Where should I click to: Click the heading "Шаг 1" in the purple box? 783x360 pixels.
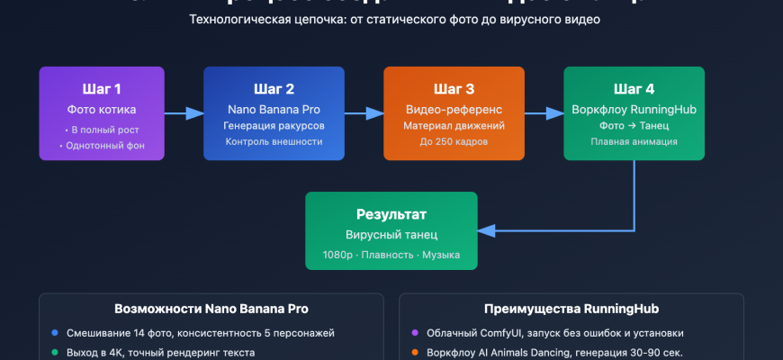coord(102,89)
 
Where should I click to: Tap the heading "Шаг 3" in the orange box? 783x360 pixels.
coord(454,89)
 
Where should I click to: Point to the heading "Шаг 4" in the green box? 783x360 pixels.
coord(634,89)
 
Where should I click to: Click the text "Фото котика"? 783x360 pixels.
coord(102,110)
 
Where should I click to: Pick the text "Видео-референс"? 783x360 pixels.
coord(454,110)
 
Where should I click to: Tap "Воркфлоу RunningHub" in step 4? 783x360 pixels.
coord(634,110)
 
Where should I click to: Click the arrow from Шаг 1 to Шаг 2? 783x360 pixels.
coord(184,113)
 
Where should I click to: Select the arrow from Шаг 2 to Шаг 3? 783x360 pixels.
coord(364,113)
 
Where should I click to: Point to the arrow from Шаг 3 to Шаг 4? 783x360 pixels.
coord(544,113)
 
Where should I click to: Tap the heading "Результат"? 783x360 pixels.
coord(391,215)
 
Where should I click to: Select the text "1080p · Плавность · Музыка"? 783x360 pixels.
coord(391,256)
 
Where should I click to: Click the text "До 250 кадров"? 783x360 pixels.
coord(454,141)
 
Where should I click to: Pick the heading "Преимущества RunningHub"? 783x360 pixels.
coord(571,309)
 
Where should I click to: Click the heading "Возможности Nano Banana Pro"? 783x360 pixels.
coord(211,309)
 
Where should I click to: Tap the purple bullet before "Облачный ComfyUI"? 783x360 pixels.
coord(415,333)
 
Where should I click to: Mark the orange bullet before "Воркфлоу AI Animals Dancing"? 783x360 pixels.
coord(415,353)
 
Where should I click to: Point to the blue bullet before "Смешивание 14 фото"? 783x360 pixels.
coord(55,333)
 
